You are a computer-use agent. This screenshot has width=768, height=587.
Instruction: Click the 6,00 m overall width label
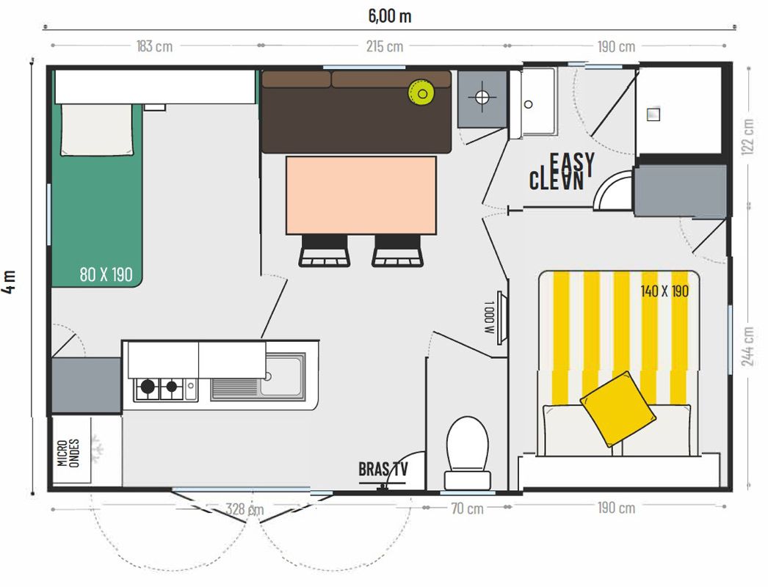[x=390, y=16]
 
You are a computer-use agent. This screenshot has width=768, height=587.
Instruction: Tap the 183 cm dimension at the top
[x=154, y=46]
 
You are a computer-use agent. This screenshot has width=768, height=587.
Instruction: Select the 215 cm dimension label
[x=385, y=46]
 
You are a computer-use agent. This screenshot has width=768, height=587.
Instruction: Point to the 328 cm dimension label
[x=245, y=509]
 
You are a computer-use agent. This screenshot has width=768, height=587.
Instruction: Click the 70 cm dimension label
[x=467, y=508]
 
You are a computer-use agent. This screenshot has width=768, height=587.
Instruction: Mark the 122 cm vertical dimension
[x=748, y=137]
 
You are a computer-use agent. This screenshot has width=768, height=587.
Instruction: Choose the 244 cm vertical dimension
[x=748, y=346]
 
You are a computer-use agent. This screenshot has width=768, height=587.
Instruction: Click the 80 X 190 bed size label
[x=106, y=274]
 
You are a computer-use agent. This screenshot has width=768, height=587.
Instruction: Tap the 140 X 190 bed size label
[x=664, y=291]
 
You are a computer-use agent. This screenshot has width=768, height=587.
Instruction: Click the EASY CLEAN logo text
[x=562, y=172]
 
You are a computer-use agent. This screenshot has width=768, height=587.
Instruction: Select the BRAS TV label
[x=383, y=469]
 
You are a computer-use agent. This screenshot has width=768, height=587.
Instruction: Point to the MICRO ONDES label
[x=68, y=453]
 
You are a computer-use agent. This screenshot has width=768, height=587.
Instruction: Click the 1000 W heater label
[x=488, y=317]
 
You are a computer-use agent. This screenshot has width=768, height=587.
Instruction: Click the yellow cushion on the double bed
[x=618, y=409]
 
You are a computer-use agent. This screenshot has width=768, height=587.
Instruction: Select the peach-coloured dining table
[x=361, y=195]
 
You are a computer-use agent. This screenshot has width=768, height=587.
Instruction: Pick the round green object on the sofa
[x=421, y=93]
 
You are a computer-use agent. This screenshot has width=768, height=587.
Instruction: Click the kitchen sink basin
[x=282, y=376]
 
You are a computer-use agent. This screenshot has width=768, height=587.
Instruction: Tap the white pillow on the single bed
[x=96, y=130]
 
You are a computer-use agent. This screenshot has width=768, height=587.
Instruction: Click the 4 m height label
[x=10, y=282]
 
